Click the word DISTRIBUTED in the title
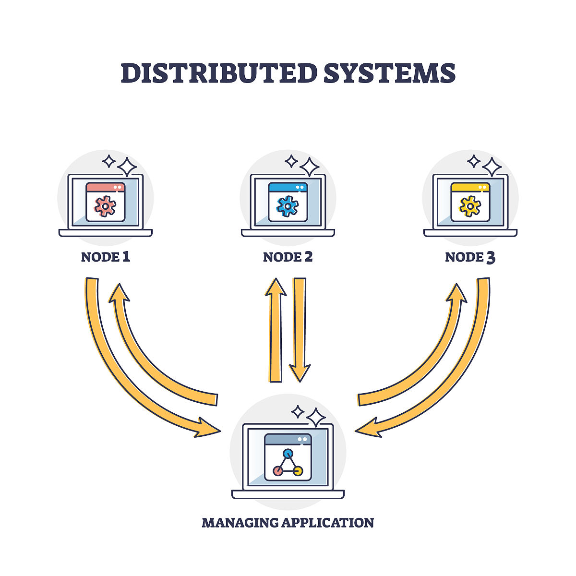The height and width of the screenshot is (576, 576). (x=219, y=73)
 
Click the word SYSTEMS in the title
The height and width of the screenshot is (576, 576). (x=389, y=73)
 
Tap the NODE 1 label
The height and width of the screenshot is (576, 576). (x=106, y=257)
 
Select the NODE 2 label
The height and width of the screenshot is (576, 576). (x=288, y=257)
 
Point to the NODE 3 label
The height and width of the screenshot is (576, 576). (x=470, y=257)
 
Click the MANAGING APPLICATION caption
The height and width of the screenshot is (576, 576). (x=288, y=522)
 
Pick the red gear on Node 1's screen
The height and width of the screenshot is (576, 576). (x=105, y=206)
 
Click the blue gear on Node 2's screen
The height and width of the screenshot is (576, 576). (x=288, y=206)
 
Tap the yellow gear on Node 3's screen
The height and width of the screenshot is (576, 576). (x=470, y=206)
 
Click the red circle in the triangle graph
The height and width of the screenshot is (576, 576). (x=277, y=471)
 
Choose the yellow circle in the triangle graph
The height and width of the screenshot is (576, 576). (x=298, y=471)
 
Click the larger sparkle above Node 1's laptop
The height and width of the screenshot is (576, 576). (x=127, y=167)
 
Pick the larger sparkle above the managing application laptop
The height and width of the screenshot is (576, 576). (x=316, y=418)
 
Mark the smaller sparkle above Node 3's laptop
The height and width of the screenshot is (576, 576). (x=474, y=161)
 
